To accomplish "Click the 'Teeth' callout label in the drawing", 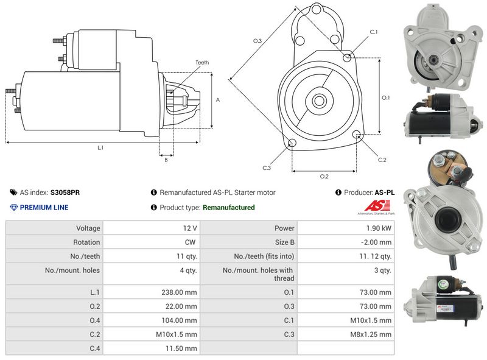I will (201, 63).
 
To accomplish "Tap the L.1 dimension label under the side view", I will (100, 147).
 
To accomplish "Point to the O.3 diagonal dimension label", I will (258, 41).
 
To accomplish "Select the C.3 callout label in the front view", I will (267, 168).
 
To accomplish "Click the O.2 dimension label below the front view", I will (324, 176).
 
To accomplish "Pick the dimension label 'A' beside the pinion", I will (217, 100).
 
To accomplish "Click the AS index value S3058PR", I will (65, 192).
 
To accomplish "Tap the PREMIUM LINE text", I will (44, 208).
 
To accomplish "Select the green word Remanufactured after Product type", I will (228, 208).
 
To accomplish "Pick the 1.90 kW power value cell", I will (378, 228).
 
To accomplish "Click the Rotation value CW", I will (191, 242).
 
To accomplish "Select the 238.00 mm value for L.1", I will (181, 292).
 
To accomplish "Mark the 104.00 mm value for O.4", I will (181, 320).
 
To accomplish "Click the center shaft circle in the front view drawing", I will (318, 101).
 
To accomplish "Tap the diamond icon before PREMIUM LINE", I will (14, 208).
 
